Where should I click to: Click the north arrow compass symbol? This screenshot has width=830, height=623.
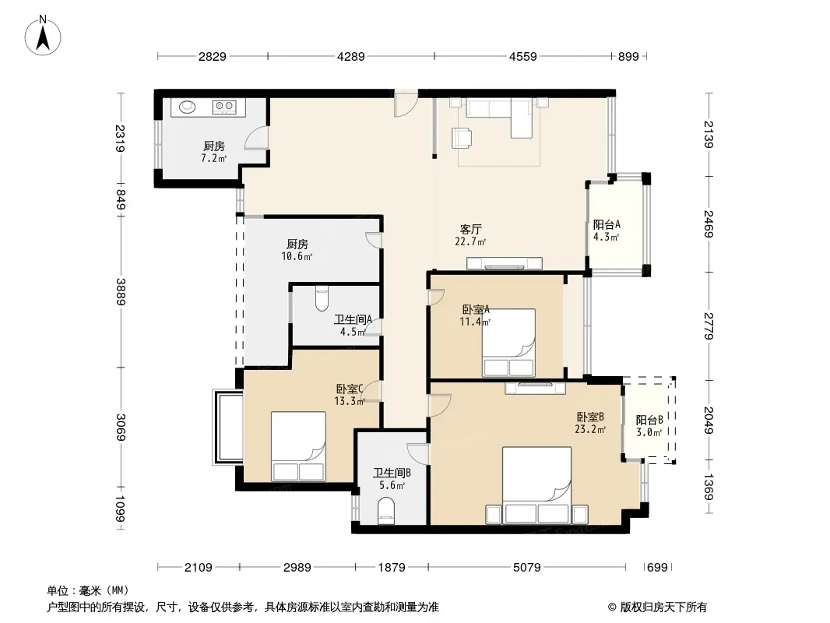(x=43, y=36)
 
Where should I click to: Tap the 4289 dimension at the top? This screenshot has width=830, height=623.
(x=351, y=56)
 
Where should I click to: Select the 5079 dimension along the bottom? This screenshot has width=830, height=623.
(x=526, y=568)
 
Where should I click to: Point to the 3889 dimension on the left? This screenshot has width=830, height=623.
(x=121, y=292)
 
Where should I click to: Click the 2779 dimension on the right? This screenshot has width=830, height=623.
(x=709, y=326)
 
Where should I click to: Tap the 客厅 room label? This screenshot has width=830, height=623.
(x=470, y=229)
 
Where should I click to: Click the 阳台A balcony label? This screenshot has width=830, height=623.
(x=607, y=224)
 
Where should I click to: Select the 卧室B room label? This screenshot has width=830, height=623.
(x=590, y=417)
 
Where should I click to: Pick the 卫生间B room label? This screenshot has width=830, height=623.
(x=392, y=473)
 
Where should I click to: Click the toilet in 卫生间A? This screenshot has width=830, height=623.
(x=322, y=298)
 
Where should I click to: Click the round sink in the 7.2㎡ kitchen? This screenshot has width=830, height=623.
(x=187, y=107)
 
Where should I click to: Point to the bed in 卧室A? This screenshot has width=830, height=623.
(x=508, y=343)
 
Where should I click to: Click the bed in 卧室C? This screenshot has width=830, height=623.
(x=298, y=446)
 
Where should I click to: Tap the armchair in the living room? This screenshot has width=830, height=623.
(x=462, y=138)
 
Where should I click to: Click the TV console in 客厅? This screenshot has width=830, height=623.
(x=505, y=263)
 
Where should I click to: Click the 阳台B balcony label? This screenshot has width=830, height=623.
(x=649, y=421)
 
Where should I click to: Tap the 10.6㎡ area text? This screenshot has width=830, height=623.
(x=297, y=257)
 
